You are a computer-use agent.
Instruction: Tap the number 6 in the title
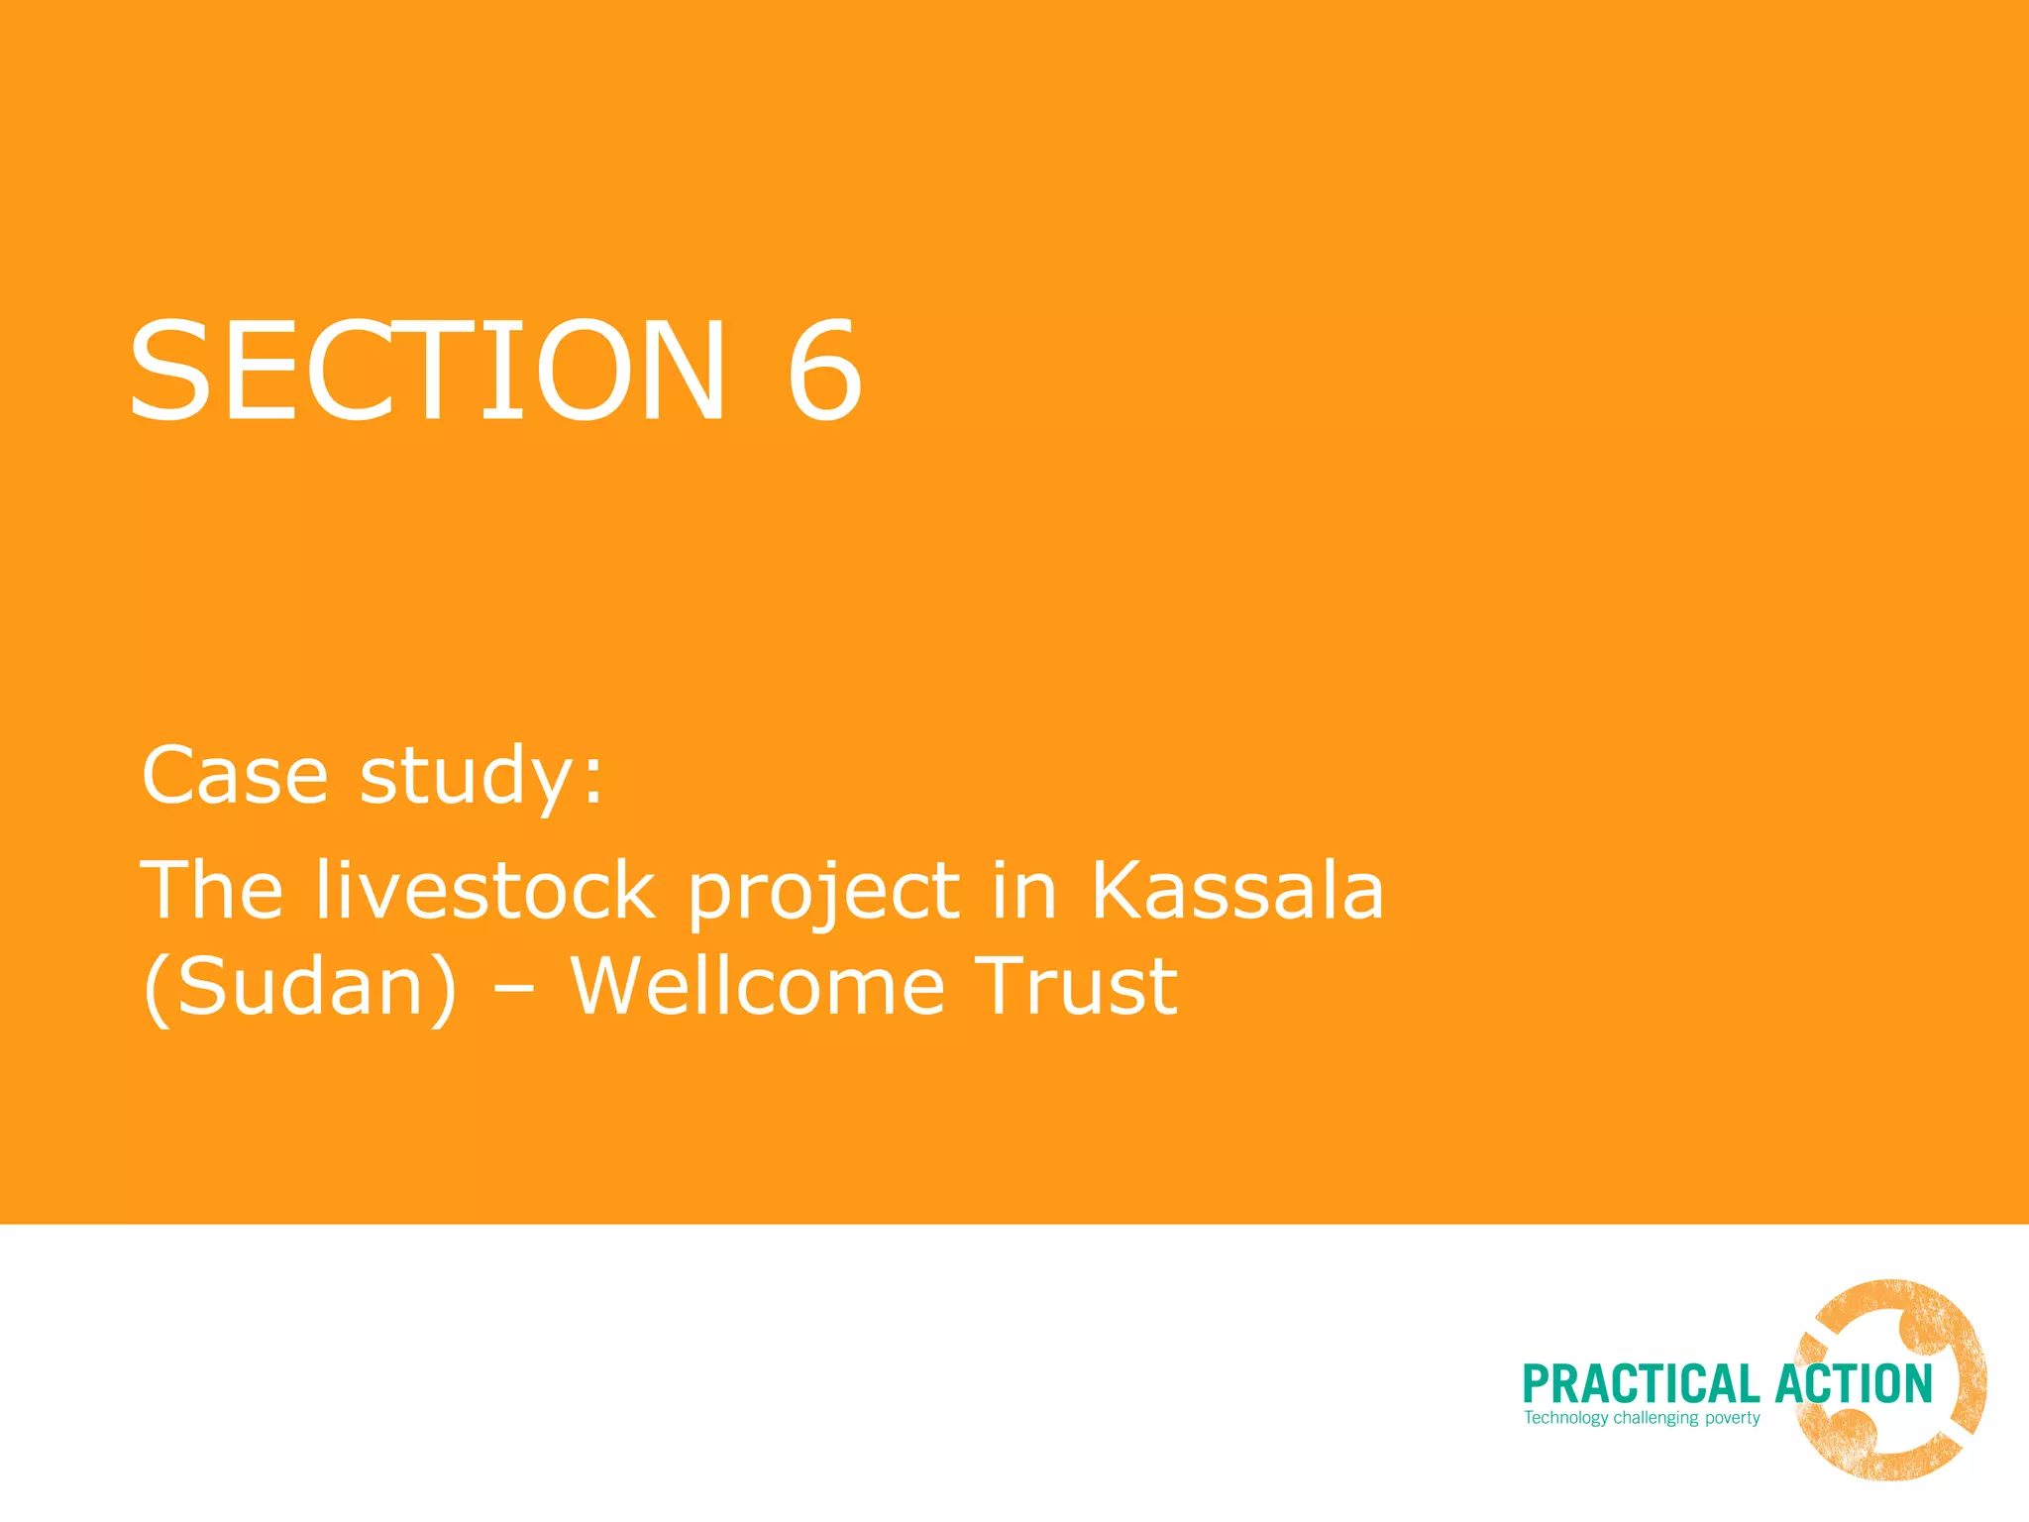coord(824,372)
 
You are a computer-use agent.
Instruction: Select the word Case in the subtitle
coord(235,776)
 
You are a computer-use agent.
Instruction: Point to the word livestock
coord(485,891)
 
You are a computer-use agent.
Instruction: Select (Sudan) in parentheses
coord(300,988)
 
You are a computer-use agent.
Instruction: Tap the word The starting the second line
coord(212,891)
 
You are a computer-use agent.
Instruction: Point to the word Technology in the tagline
coord(1565,1418)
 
